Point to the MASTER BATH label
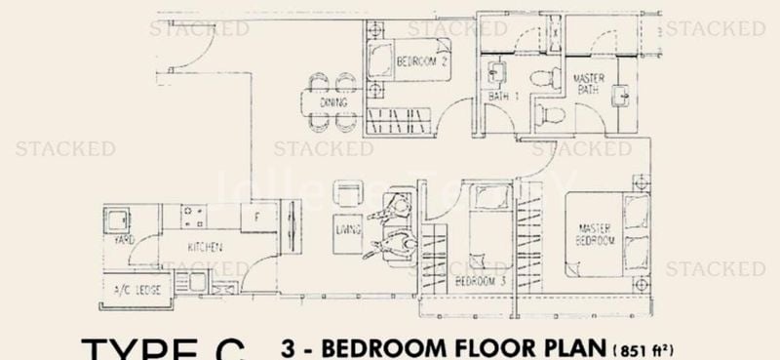pyautogui.click(x=586, y=83)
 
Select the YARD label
pyautogui.click(x=123, y=238)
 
